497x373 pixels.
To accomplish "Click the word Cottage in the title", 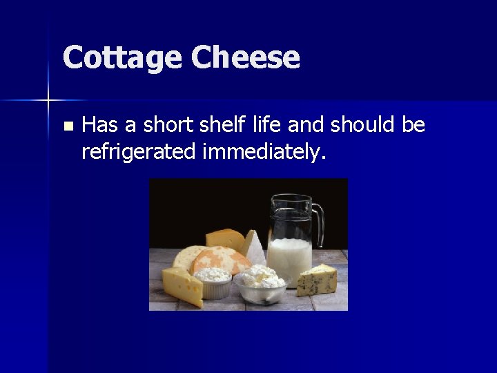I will click(x=123, y=57).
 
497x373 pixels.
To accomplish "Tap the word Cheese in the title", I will click(x=246, y=57).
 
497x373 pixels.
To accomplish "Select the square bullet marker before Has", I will click(x=67, y=126).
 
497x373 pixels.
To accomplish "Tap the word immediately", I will click(x=262, y=152).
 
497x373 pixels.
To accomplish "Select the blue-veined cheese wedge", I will click(x=317, y=280).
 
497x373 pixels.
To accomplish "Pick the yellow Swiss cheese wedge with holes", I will click(x=182, y=285).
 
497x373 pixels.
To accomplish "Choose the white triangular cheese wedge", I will click(x=253, y=247).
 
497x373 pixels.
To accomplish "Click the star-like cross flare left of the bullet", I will click(x=48, y=101).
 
